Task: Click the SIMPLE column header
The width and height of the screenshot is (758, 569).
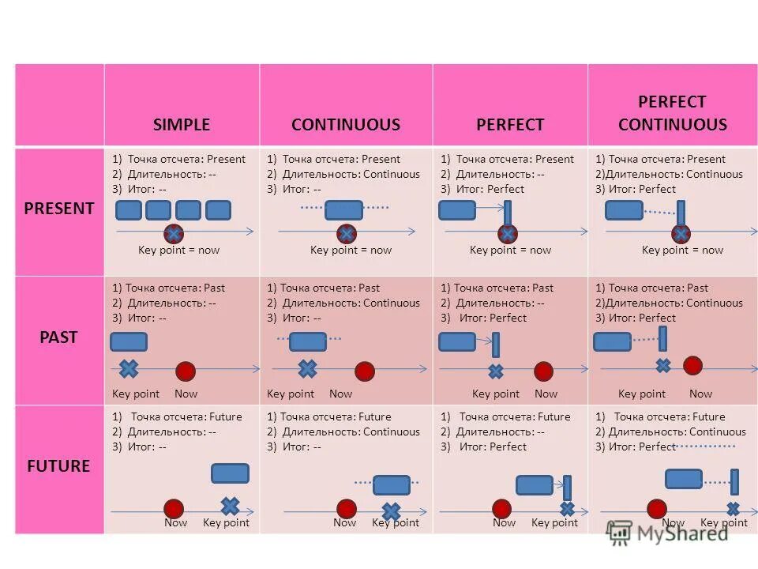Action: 182,125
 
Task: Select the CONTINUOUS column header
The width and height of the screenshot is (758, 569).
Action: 346,125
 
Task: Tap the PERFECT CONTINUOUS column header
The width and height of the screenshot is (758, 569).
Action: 672,113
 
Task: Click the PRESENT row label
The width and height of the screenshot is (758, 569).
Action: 59,209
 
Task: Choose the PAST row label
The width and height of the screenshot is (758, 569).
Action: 59,337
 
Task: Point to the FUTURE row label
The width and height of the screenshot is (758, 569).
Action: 59,465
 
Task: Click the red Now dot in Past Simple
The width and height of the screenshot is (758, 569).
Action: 186,371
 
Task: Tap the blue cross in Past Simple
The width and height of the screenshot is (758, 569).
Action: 128,368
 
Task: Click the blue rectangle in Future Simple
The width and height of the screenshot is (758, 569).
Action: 230,473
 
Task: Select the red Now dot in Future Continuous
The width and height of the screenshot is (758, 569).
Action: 346,509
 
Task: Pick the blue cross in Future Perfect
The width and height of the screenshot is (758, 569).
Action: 567,509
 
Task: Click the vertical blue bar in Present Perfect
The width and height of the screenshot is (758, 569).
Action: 508,213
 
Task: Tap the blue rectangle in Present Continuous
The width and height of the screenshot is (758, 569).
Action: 344,209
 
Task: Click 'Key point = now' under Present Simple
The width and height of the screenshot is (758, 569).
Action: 178,250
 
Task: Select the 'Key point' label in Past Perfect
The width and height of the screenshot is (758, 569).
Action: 496,394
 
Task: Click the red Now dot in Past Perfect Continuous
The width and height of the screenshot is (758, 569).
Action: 692,365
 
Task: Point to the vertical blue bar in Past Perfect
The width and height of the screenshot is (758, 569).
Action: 496,345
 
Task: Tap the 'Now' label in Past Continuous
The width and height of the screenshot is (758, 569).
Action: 341,394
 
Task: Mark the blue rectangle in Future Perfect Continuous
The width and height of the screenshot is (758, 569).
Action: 684,479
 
